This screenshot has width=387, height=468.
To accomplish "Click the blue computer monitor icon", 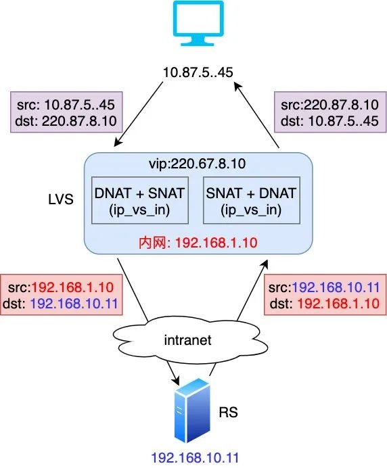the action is (x=199, y=23).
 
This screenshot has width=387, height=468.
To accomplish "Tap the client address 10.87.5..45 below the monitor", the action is (x=198, y=72).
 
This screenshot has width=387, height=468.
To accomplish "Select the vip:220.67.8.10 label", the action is (x=198, y=164).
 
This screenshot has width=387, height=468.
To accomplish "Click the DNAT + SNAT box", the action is (x=140, y=200).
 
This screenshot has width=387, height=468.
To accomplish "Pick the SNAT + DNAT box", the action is (x=252, y=200).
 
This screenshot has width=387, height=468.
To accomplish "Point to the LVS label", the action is (x=61, y=200).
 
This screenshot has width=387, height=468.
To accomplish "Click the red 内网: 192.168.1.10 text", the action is (x=198, y=243).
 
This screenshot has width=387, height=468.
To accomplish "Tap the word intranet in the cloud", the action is (x=188, y=340).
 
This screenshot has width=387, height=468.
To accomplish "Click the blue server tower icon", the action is (x=193, y=411).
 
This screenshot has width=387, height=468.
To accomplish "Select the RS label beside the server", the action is (x=229, y=412).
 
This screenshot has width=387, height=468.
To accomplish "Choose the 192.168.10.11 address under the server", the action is (x=195, y=458).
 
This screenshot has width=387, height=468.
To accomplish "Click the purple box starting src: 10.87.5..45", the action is (x=66, y=112).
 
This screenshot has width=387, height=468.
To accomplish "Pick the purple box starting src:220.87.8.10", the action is (x=330, y=112).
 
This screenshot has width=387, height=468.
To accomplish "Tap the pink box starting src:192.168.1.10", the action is (x=61, y=295).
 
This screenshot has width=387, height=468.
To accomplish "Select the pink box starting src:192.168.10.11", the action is (x=325, y=295).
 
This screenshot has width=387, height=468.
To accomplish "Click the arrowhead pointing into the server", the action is (x=176, y=380).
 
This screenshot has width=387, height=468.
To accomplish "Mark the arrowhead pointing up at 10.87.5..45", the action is (x=238, y=87).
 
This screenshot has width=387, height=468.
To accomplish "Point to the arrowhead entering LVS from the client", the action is (x=118, y=143).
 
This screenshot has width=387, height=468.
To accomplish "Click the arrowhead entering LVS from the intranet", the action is (x=265, y=264).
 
